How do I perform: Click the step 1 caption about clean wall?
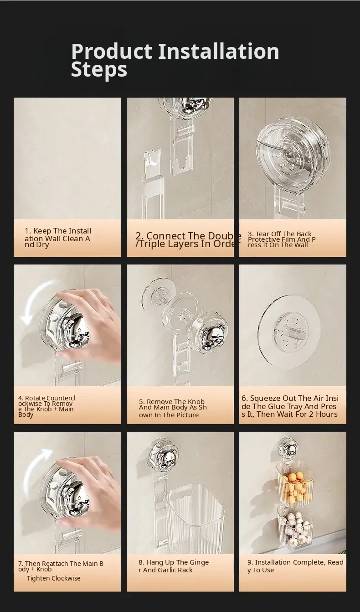[58, 237]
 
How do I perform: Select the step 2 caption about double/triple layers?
[188, 239]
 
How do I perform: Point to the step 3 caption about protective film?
[282, 239]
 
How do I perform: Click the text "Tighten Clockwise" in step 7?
[53, 578]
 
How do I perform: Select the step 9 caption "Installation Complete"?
[290, 562]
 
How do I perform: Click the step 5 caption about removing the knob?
[173, 408]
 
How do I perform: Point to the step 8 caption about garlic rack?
[174, 566]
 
